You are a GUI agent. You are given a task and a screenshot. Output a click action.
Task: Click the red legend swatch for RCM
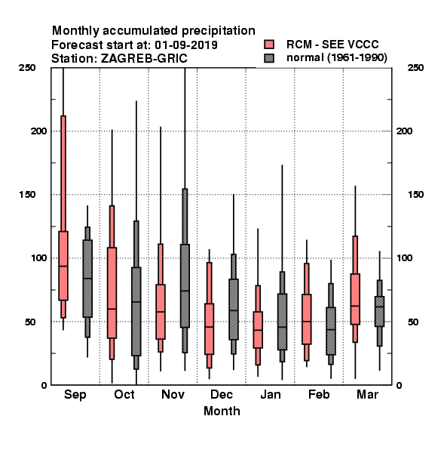click(269, 45)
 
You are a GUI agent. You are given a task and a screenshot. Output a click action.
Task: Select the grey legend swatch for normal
click(269, 58)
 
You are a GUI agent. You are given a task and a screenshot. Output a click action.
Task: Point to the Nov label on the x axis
click(173, 394)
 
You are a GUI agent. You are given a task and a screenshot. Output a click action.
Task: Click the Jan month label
click(270, 394)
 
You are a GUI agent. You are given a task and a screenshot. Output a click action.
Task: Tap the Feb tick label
click(319, 394)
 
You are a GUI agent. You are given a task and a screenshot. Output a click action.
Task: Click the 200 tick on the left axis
click(38, 131)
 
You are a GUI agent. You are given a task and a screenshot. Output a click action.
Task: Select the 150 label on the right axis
click(415, 195)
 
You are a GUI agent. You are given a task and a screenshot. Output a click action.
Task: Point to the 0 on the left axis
click(44, 385)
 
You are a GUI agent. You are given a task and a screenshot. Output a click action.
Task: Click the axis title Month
click(222, 411)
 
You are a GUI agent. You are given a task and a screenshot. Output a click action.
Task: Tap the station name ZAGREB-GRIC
click(144, 58)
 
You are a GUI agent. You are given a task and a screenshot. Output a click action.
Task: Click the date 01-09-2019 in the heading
click(186, 45)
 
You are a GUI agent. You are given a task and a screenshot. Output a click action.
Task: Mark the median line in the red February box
click(307, 322)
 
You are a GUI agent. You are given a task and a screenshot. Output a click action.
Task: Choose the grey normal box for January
click(282, 322)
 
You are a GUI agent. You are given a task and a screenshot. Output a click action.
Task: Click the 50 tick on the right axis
click(413, 322)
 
